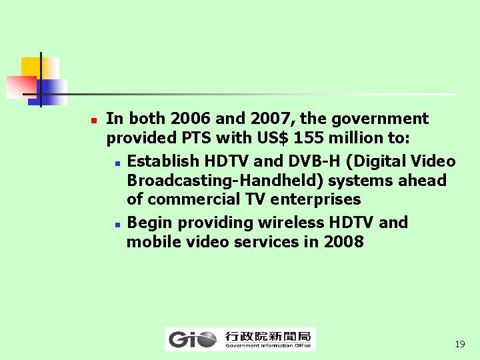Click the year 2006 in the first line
[x=191, y=119]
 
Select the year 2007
[x=273, y=119]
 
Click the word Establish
[x=163, y=161]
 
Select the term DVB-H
[x=317, y=161]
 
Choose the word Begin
[x=147, y=223]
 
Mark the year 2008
[x=343, y=242]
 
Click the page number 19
[x=459, y=345]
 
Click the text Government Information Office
[x=268, y=345]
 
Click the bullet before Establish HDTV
[x=117, y=163]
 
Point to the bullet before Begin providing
[x=117, y=224]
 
